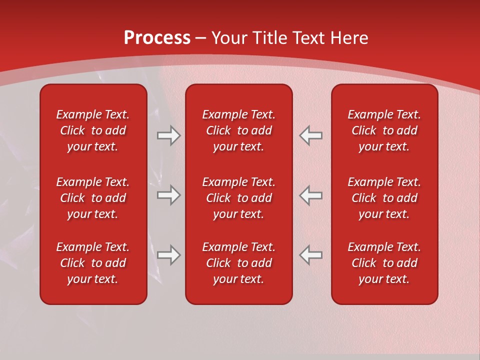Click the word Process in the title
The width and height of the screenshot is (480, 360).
[157, 38]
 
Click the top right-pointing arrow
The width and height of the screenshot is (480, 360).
[168, 135]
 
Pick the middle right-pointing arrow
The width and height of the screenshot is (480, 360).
[168, 194]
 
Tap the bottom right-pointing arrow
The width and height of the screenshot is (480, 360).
[168, 255]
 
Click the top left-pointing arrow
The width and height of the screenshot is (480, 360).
[311, 135]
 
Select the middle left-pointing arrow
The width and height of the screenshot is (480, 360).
[311, 194]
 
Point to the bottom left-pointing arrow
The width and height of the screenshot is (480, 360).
[311, 255]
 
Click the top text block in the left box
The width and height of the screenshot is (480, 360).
[93, 130]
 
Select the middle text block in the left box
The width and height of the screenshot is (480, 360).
[93, 198]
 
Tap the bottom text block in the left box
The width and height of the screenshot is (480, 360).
[93, 263]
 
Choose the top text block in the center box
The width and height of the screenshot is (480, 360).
[239, 130]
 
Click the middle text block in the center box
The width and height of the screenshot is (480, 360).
[239, 198]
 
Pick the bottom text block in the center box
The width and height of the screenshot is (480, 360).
[239, 263]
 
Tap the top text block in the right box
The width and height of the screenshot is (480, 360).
[384, 130]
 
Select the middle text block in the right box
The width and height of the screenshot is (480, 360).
[384, 198]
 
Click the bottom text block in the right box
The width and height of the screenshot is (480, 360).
[384, 263]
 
